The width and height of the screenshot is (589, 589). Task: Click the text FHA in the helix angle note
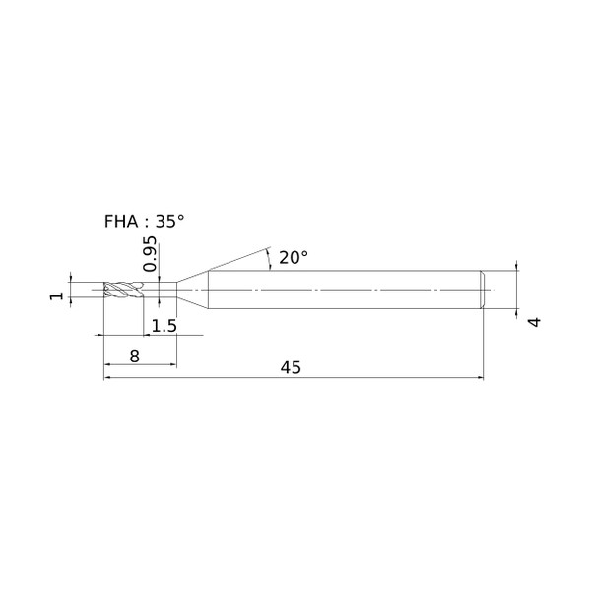pyautogui.click(x=121, y=221)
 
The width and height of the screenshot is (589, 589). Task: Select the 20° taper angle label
pyautogui.click(x=293, y=257)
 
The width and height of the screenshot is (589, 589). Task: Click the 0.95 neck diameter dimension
pyautogui.click(x=150, y=253)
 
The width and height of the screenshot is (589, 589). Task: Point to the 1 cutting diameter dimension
pyautogui.click(x=57, y=296)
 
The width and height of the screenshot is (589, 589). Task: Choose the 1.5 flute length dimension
pyautogui.click(x=164, y=326)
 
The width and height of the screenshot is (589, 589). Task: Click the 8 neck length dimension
pyautogui.click(x=135, y=356)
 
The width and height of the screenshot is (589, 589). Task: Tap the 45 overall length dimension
pyautogui.click(x=291, y=367)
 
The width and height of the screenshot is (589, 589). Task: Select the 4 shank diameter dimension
pyautogui.click(x=535, y=322)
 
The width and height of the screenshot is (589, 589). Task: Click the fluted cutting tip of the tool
pyautogui.click(x=123, y=290)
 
